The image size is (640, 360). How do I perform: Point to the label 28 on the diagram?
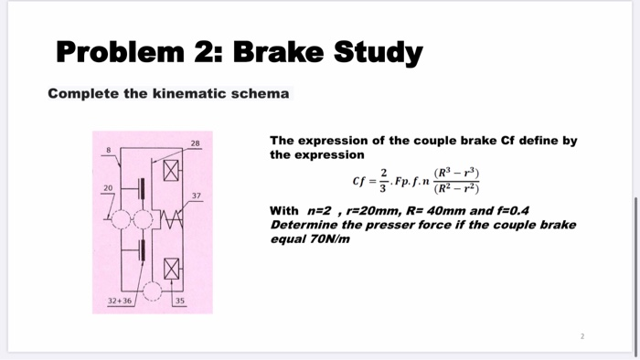tap(196, 143)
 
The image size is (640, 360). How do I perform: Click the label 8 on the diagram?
tap(107, 149)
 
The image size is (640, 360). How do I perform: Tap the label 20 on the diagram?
tap(107, 186)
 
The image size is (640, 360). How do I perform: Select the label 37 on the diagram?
tap(196, 196)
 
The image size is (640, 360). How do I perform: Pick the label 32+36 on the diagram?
tap(120, 301)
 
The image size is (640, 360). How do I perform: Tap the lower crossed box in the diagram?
tap(170, 269)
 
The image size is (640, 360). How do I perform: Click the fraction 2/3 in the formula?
tap(384, 179)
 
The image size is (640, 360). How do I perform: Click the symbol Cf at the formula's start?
tap(358, 179)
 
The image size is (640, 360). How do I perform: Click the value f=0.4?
tap(508, 210)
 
